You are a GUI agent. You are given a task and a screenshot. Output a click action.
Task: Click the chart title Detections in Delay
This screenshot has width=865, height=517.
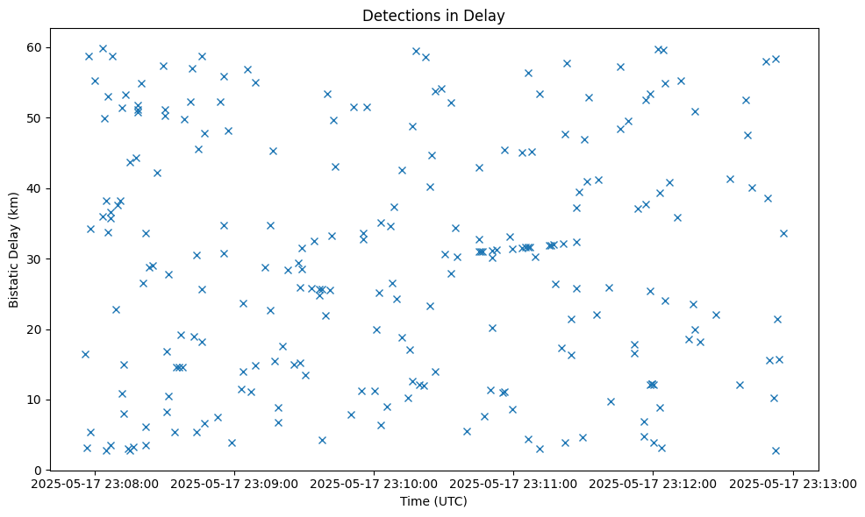pos(433,16)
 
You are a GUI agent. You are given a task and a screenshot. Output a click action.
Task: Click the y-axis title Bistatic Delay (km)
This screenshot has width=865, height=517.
pos(13,249)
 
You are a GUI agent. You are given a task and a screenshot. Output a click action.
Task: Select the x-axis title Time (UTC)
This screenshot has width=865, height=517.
pos(433,501)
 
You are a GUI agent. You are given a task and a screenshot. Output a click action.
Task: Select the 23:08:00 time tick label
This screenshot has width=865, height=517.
pos(96,483)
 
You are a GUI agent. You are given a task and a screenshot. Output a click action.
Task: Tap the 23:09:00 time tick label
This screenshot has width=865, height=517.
pos(235,483)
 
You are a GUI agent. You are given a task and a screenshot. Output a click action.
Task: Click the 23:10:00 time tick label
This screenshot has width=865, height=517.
pos(375,483)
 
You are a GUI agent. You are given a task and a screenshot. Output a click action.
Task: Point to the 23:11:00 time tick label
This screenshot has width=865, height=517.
pos(514,483)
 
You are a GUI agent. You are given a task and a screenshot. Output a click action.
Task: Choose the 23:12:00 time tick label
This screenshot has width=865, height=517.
pos(654,483)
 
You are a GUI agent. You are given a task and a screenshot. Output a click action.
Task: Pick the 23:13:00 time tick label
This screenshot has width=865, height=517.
pos(793,483)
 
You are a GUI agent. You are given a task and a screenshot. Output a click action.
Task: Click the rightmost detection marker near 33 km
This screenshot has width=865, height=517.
pos(783,233)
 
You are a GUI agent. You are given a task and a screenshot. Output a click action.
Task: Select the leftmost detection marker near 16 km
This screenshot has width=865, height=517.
pos(85,354)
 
